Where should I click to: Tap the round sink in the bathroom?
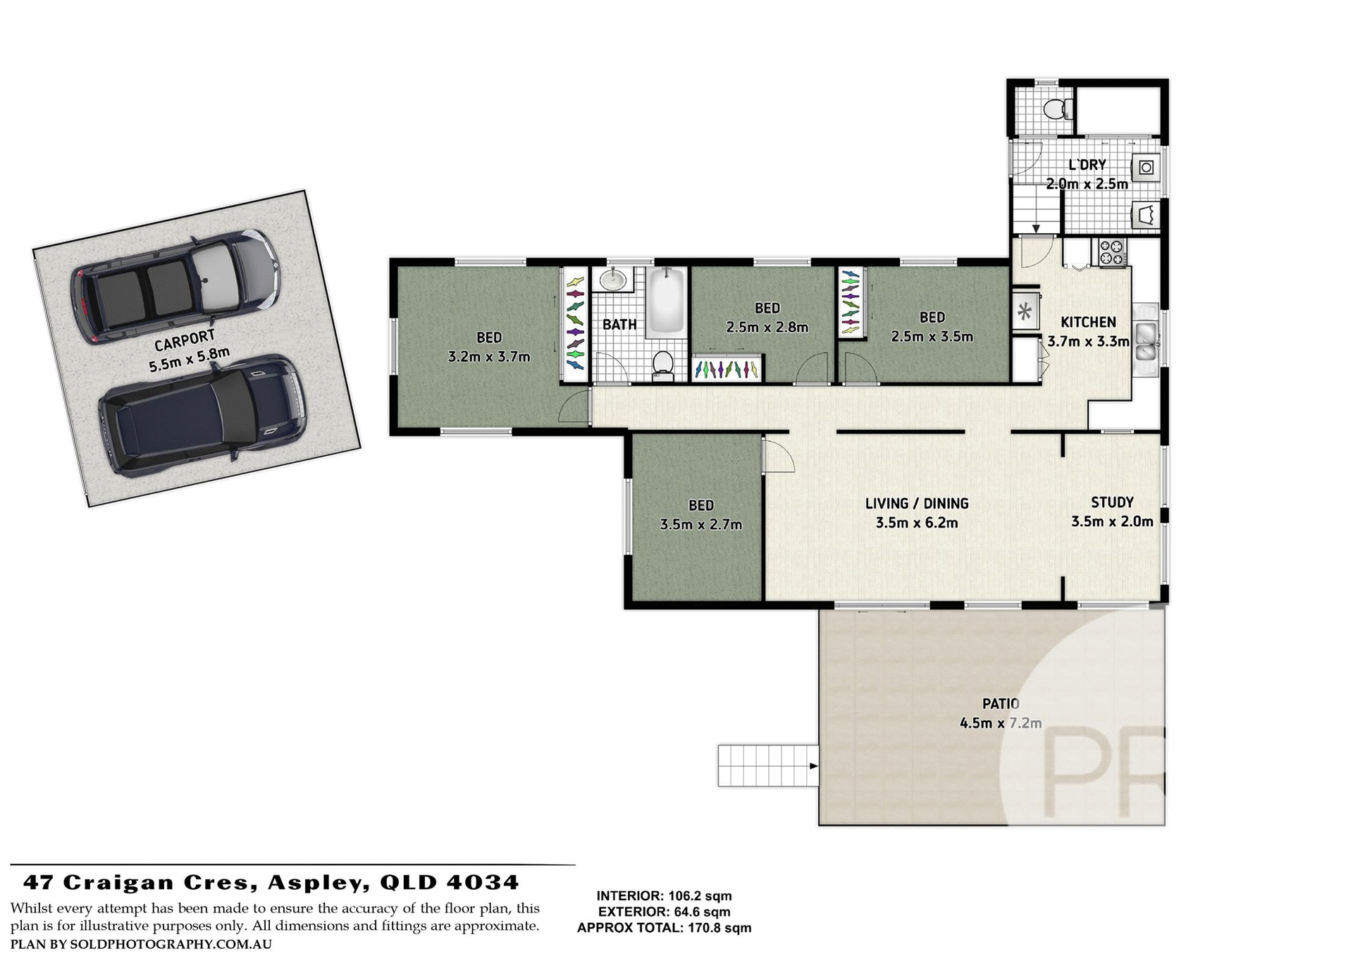pos(613,280)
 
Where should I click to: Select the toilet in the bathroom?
pos(662,364)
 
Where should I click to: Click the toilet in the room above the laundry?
pos(1055,109)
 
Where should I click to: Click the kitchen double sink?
pos(1146,341)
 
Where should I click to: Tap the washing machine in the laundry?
pos(1147,167)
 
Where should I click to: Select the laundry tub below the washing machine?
pos(1147,214)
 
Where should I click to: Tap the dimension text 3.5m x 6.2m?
pos(916,523)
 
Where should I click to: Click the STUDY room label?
pos(1112,502)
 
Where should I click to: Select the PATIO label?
pos(1001,703)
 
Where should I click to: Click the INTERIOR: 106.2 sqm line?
pos(664,896)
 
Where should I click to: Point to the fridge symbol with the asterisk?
pos(1025,311)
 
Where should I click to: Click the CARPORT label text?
pos(185,342)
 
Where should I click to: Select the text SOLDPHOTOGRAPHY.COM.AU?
pos(171,944)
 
